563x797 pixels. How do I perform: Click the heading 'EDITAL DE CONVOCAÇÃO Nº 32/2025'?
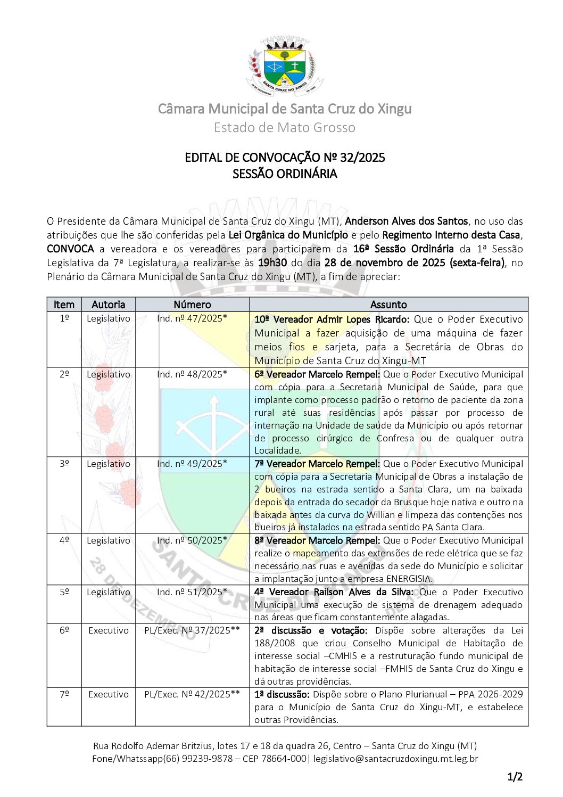point(285,158)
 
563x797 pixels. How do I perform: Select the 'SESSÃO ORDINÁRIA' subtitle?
point(285,174)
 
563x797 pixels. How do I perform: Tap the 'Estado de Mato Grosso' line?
point(285,128)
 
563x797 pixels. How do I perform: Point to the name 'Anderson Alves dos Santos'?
point(407,221)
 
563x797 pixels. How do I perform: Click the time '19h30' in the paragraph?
point(273,262)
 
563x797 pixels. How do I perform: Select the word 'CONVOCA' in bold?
point(70,249)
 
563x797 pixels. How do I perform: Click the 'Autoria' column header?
point(108,305)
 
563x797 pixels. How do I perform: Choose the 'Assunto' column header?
point(388,305)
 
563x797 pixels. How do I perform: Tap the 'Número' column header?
point(192,305)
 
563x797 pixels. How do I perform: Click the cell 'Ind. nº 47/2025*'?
point(192,318)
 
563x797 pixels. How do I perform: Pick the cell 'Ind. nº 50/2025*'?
point(192,540)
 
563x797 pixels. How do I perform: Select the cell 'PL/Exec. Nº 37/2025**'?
point(192,630)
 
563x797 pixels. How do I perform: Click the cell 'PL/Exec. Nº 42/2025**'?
point(192,694)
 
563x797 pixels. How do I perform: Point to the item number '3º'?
point(64,464)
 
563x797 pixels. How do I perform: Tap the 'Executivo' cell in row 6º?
point(109,630)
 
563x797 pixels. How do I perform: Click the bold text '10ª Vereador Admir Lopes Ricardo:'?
point(332,319)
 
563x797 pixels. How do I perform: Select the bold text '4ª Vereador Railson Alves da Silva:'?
point(334,592)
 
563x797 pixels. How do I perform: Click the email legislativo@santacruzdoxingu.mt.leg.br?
point(396,759)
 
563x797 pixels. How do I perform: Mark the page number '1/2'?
point(515,777)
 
